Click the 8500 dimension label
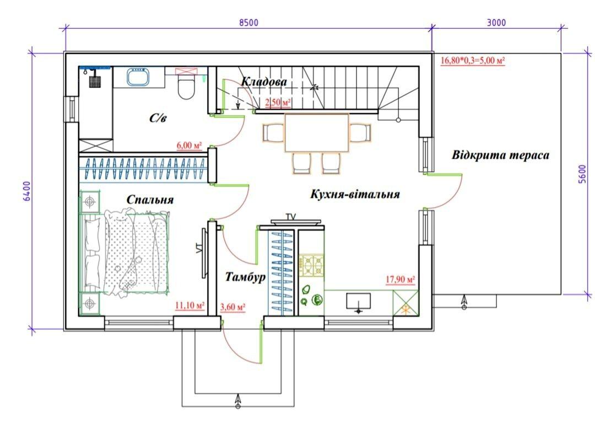tap(248, 23)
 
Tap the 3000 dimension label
tap(496, 23)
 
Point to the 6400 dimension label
tap(26, 191)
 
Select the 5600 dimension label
tap(582, 174)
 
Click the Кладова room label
tap(264, 81)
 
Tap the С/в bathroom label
tap(158, 118)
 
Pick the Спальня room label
tap(150, 199)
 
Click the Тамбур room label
tap(246, 276)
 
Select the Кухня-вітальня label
tap(355, 194)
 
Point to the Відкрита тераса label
tap(500, 155)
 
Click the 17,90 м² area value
tap(401, 280)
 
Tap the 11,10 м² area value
tap(190, 305)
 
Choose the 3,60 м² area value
tap(232, 306)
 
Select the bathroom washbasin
tap(138, 77)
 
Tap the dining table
tap(316, 132)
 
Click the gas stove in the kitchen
tap(311, 265)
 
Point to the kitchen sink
tap(359, 302)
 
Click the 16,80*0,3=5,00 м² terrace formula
tap(473, 60)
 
